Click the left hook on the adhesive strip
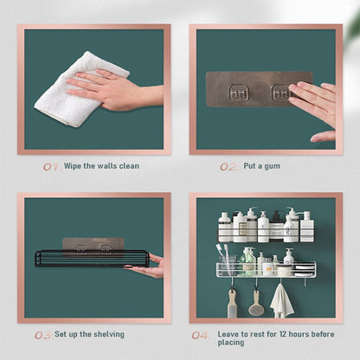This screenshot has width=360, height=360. click(x=238, y=93)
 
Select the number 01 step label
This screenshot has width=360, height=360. click(x=50, y=166)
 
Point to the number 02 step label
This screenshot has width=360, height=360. click(x=228, y=166)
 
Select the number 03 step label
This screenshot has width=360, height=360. click(x=42, y=334)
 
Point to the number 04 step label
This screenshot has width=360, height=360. click(x=200, y=334)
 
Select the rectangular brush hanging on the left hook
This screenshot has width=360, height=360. click(x=231, y=303)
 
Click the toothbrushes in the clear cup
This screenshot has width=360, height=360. click(x=228, y=259)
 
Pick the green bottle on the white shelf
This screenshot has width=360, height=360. click(x=248, y=260)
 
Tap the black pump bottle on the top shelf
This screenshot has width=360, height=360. click(x=277, y=227)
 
